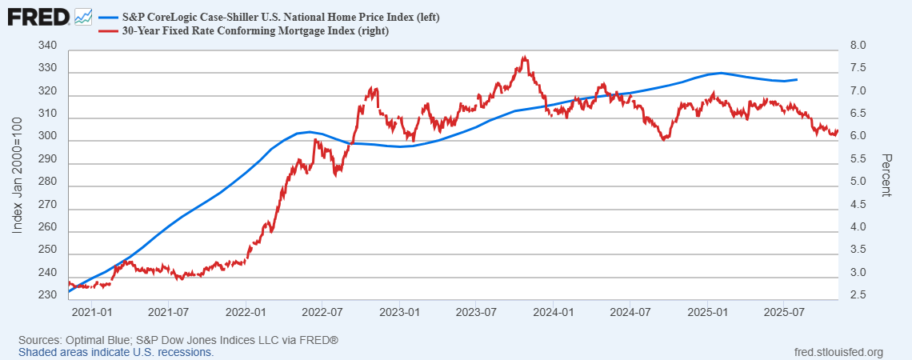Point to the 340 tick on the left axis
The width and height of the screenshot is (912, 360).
point(48,46)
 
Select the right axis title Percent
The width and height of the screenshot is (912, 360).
point(886,174)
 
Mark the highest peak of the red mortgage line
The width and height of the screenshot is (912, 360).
point(524,57)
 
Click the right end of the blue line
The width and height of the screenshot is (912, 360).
point(797,79)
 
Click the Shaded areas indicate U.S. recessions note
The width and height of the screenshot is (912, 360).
point(116,352)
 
